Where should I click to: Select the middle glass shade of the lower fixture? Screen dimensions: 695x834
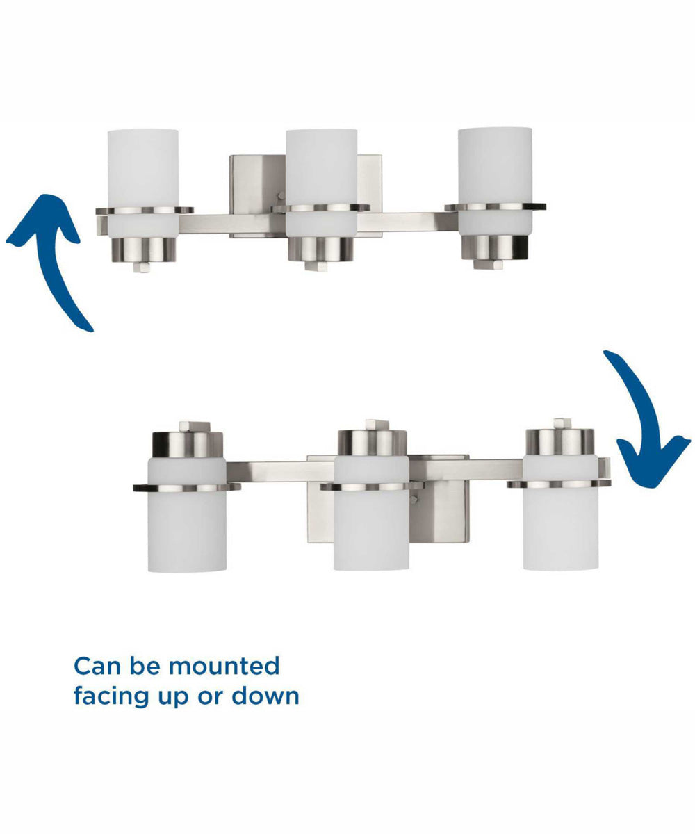tap(371, 513)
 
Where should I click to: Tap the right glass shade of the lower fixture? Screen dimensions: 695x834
tap(560, 512)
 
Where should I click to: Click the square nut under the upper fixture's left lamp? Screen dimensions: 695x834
tap(142, 267)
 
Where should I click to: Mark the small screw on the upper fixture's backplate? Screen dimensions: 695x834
tap(281, 196)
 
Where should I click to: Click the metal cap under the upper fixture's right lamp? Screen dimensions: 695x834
tap(495, 247)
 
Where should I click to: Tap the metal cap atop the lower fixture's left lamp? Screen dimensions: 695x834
tap(188, 445)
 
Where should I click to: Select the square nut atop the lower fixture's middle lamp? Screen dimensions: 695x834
tap(377, 425)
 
